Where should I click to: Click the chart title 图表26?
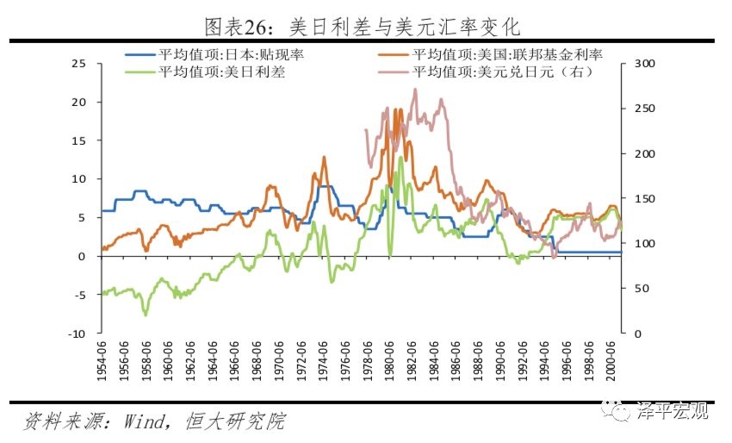(362, 26)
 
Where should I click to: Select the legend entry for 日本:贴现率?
(233, 54)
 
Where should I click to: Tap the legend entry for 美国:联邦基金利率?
(508, 54)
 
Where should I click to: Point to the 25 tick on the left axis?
(79, 64)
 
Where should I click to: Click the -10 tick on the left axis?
(77, 334)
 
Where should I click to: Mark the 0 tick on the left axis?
(84, 257)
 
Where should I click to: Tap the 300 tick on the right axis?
(644, 64)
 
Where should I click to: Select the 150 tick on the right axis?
(644, 199)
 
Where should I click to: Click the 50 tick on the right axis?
(642, 289)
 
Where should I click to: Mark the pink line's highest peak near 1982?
(415, 88)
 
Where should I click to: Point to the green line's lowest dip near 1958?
(145, 315)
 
